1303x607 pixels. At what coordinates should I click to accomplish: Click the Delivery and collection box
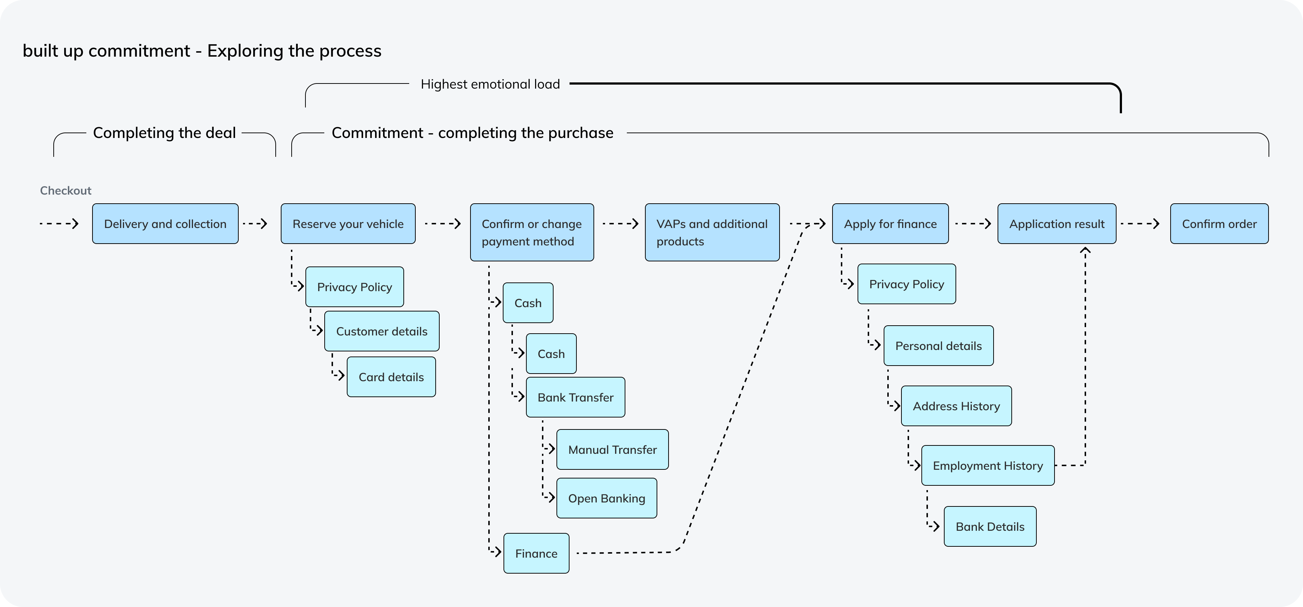pyautogui.click(x=165, y=224)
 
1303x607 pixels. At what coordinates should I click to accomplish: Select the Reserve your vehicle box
pyautogui.click(x=348, y=224)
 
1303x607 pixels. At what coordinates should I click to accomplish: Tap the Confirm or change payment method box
pyautogui.click(x=532, y=232)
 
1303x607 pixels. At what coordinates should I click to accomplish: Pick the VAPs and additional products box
pyautogui.click(x=712, y=232)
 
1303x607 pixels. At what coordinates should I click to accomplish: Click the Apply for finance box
pyautogui.click(x=890, y=224)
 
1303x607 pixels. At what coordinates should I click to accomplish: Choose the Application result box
pyautogui.click(x=1056, y=224)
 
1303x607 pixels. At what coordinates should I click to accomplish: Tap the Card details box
pyautogui.click(x=391, y=377)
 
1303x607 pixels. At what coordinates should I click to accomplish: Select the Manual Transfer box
pyautogui.click(x=612, y=449)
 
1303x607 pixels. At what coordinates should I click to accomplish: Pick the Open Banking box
pyautogui.click(x=606, y=498)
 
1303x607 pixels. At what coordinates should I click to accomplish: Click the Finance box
pyautogui.click(x=536, y=553)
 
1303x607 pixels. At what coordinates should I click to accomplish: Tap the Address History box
pyautogui.click(x=956, y=406)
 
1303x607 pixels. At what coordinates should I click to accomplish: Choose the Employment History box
pyautogui.click(x=987, y=466)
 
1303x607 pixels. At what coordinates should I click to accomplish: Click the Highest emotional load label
pyautogui.click(x=490, y=84)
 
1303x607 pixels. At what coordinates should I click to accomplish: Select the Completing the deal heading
pyautogui.click(x=164, y=133)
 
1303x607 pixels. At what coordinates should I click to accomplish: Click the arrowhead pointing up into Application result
pyautogui.click(x=1085, y=249)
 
